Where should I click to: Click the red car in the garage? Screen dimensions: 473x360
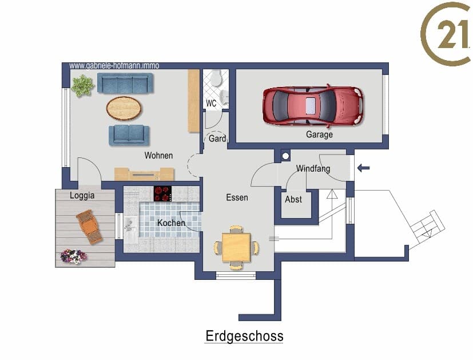pos(313,106)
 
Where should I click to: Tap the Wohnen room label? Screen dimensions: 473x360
pos(158,156)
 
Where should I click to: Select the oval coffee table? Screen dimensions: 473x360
pos(124,108)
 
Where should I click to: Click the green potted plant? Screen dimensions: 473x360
pos(82,86)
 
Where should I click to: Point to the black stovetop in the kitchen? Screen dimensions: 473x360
pos(162,193)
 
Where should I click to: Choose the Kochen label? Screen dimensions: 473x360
pos(171,223)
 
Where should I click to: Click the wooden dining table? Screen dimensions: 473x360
pos(236,247)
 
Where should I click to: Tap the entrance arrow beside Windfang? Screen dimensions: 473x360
pos(363,168)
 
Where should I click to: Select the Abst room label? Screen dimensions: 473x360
pos(293,199)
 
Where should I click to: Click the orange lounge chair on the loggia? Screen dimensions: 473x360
pos(89,226)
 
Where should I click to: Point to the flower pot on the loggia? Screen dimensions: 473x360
pos(73,256)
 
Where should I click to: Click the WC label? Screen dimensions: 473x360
pos(211,104)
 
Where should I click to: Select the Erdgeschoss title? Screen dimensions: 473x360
pos(244,336)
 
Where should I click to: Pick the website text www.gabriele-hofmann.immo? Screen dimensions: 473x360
pos(114,65)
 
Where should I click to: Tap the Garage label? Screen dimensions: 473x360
pos(319,134)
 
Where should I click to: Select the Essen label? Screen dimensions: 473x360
pos(237,197)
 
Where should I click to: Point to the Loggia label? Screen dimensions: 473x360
pos(82,196)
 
